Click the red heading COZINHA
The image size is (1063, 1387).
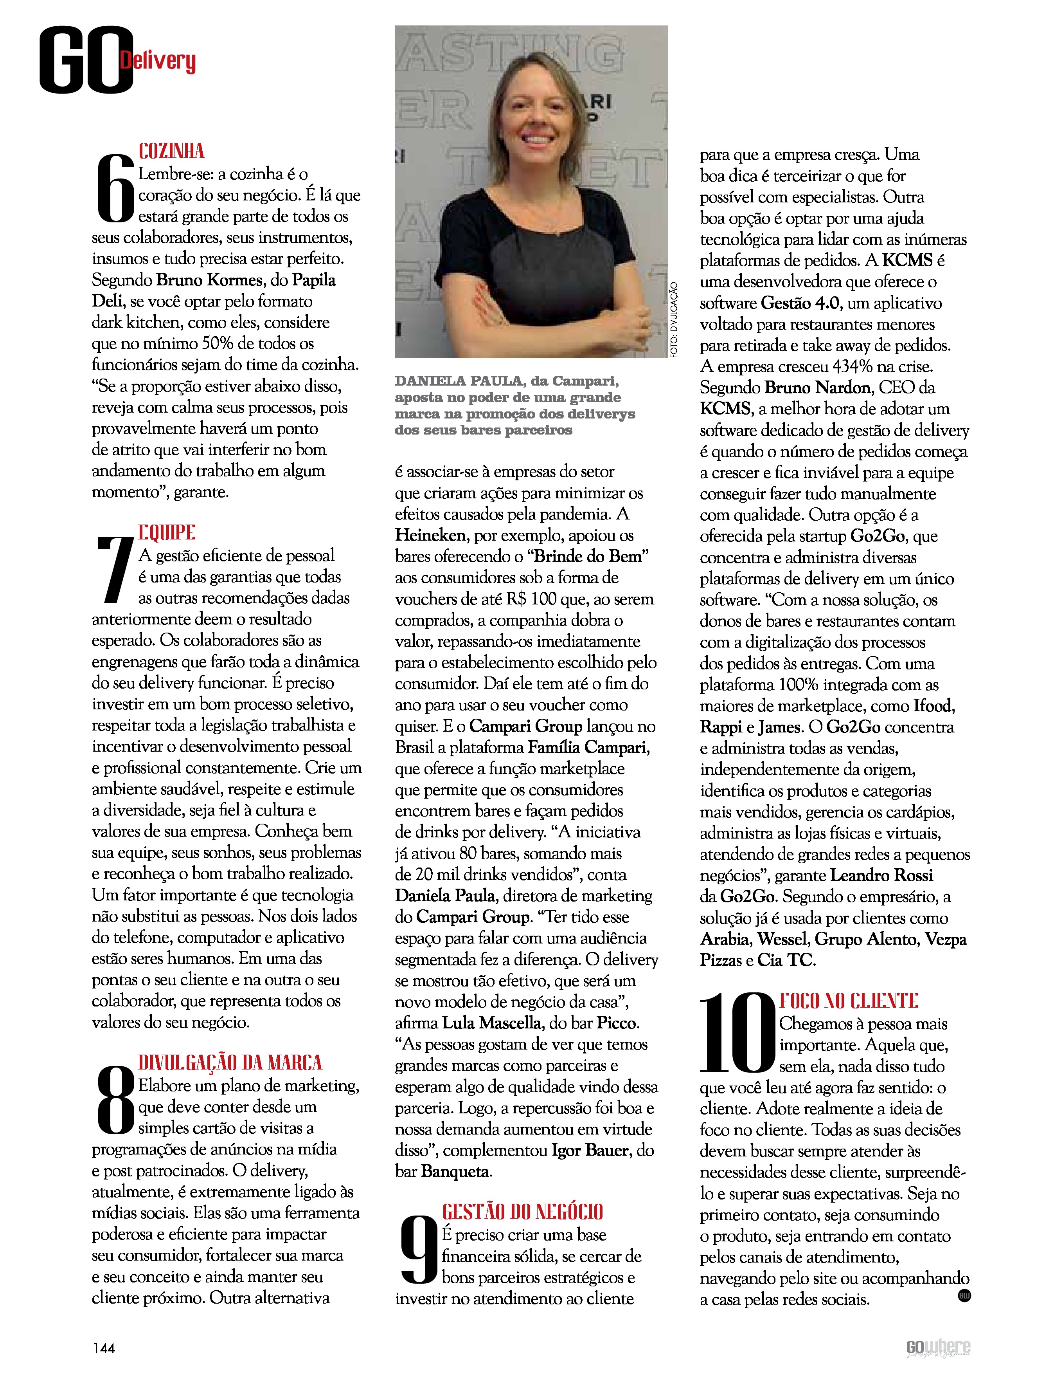point(171,151)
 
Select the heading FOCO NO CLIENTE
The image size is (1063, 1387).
point(849,1001)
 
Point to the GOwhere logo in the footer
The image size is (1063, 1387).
point(938,1348)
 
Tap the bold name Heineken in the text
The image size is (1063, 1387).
point(430,536)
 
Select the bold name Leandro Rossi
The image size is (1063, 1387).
point(881,875)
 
